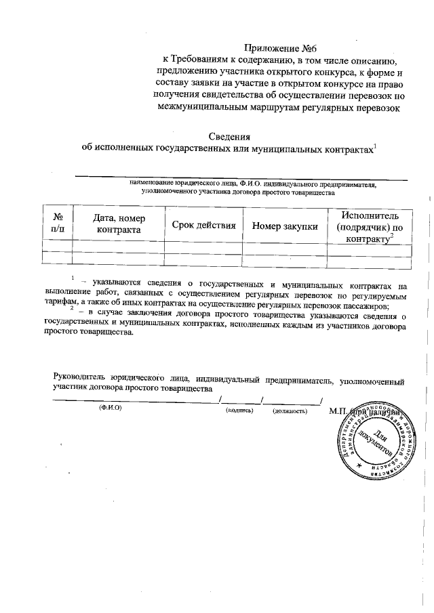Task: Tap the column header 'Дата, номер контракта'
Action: click(x=118, y=224)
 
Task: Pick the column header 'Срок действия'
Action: click(x=203, y=225)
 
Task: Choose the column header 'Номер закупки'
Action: click(x=285, y=226)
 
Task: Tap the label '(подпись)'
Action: click(x=239, y=410)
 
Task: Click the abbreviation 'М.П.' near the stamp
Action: click(x=337, y=410)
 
